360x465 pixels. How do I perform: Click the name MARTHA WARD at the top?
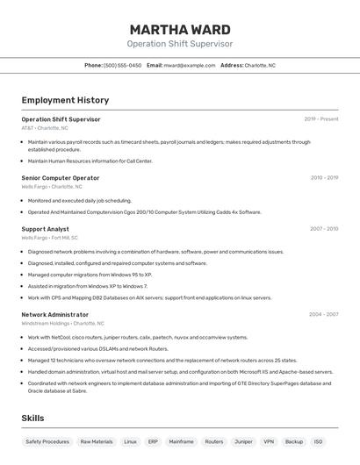[x=179, y=30]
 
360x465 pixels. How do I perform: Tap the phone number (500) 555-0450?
[x=122, y=65]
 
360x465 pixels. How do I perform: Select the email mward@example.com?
[x=189, y=65]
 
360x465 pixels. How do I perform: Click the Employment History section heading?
[x=65, y=101]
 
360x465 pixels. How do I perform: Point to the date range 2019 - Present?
[x=321, y=119]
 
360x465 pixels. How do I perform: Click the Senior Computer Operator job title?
[x=61, y=177]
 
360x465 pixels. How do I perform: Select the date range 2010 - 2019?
[x=324, y=177]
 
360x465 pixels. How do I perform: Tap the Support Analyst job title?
[x=45, y=229]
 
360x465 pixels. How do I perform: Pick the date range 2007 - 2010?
[x=324, y=229]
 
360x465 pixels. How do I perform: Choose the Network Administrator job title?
[x=54, y=314]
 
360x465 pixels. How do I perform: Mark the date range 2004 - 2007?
[x=324, y=314]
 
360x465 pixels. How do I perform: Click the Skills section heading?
[x=32, y=418]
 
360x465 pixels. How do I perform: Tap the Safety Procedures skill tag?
[x=47, y=442]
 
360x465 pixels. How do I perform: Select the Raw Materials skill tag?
[x=97, y=442]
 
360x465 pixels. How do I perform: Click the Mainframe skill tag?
[x=182, y=442]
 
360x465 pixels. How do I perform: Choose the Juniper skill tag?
[x=243, y=442]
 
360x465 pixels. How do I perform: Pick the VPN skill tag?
[x=269, y=442]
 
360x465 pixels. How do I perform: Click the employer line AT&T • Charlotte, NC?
[x=44, y=128]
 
